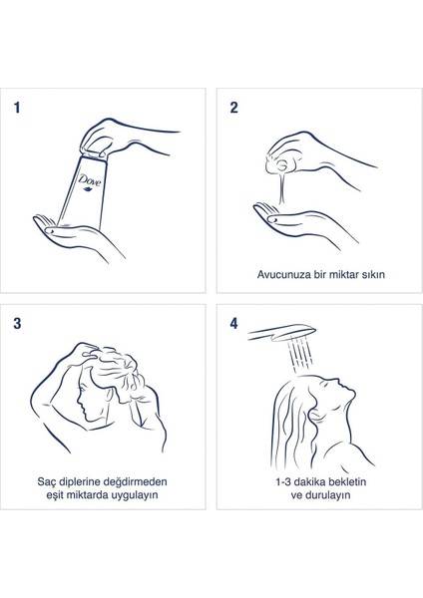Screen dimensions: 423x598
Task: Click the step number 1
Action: [16, 108]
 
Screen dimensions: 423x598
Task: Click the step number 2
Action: [233, 108]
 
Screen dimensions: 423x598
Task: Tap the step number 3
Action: [17, 323]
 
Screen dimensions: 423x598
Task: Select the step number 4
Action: [233, 323]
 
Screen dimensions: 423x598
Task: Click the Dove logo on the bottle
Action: [90, 181]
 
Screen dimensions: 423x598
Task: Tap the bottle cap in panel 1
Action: [93, 152]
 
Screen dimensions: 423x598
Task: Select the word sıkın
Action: [374, 275]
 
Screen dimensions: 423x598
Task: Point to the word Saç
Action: [46, 482]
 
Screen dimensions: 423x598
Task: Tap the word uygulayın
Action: [134, 495]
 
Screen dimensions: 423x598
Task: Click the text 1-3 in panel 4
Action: [283, 482]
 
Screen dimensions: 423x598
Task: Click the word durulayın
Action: [327, 495]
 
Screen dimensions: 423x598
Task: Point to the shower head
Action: [282, 332]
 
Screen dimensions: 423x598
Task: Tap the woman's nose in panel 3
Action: [79, 400]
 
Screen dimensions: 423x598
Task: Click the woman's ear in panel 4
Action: [316, 414]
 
